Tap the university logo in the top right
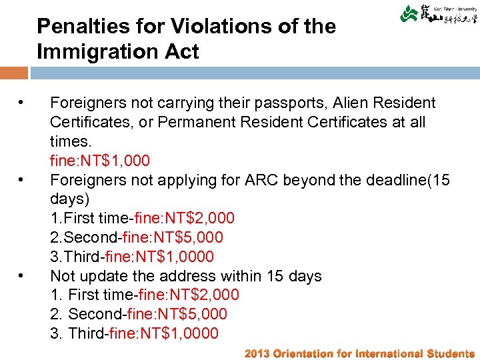(x=438, y=14)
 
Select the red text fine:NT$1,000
(x=100, y=161)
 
